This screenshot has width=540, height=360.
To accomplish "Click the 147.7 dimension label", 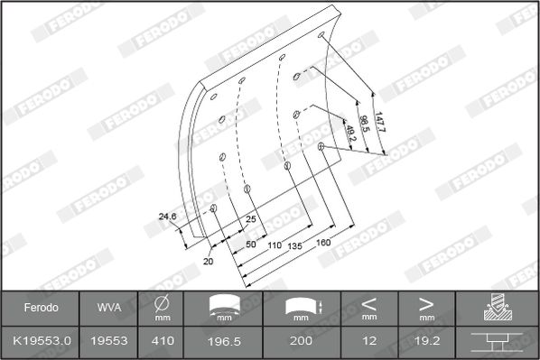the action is click(x=380, y=122).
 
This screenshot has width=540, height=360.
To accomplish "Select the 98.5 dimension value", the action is click(x=364, y=124).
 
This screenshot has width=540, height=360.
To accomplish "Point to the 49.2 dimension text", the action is click(x=350, y=134).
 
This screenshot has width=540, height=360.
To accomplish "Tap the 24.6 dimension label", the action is click(x=167, y=217).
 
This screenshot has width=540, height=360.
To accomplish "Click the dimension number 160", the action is click(x=323, y=243).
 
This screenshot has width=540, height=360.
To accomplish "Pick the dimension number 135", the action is click(x=294, y=245).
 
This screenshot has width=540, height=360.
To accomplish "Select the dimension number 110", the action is click(x=275, y=245).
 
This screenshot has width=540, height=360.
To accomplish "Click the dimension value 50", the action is click(x=251, y=244).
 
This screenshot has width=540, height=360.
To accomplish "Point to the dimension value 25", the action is click(x=251, y=219).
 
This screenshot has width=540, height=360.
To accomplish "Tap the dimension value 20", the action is click(x=208, y=262).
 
